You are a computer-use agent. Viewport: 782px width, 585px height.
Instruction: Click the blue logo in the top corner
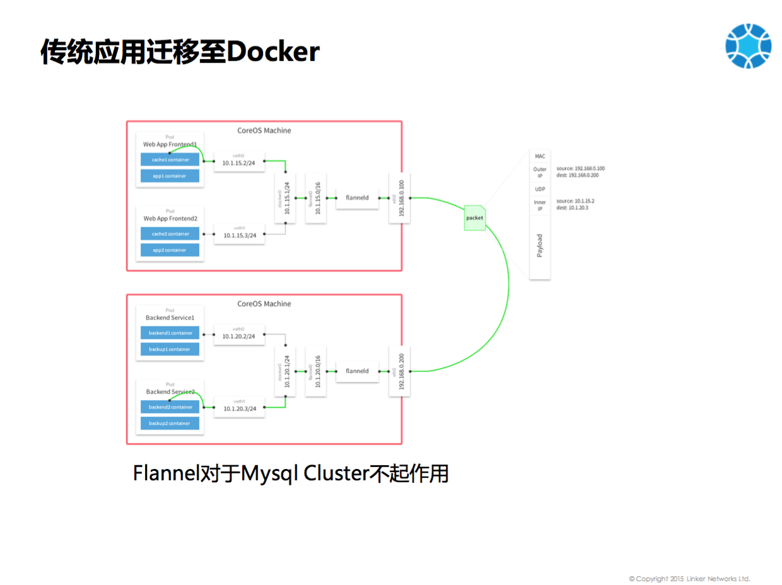pos(748,46)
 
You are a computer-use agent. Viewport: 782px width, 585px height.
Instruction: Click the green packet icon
pos(475,218)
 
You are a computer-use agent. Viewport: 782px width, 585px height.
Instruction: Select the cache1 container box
pos(170,160)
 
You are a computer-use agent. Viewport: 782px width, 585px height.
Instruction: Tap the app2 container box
pos(170,250)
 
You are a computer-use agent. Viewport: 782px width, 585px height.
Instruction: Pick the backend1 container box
pos(170,333)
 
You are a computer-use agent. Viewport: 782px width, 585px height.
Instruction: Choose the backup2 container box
pos(170,424)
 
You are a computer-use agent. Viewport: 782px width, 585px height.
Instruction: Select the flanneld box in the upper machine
pos(357,197)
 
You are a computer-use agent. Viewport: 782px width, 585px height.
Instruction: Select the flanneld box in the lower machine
pos(357,371)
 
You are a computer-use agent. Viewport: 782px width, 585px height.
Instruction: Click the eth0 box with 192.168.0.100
pos(400,197)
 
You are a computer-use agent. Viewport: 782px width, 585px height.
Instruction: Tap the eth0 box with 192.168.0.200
pos(400,371)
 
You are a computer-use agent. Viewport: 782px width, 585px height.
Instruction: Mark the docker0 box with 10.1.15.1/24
pos(285,197)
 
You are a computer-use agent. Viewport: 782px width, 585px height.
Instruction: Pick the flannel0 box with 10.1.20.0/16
pos(315,371)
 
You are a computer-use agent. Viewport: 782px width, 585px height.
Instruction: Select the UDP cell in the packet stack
pos(540,189)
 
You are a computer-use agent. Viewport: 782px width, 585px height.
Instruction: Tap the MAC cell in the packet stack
pos(540,156)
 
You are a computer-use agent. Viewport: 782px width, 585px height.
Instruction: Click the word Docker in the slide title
pos(273,52)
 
